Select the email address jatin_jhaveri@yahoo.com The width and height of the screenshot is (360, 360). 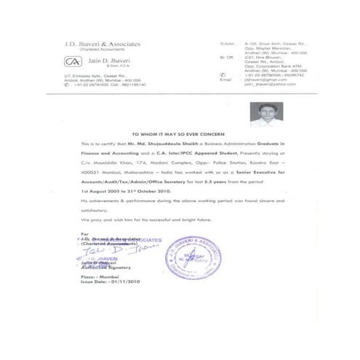pyautogui.click(x=265, y=85)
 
